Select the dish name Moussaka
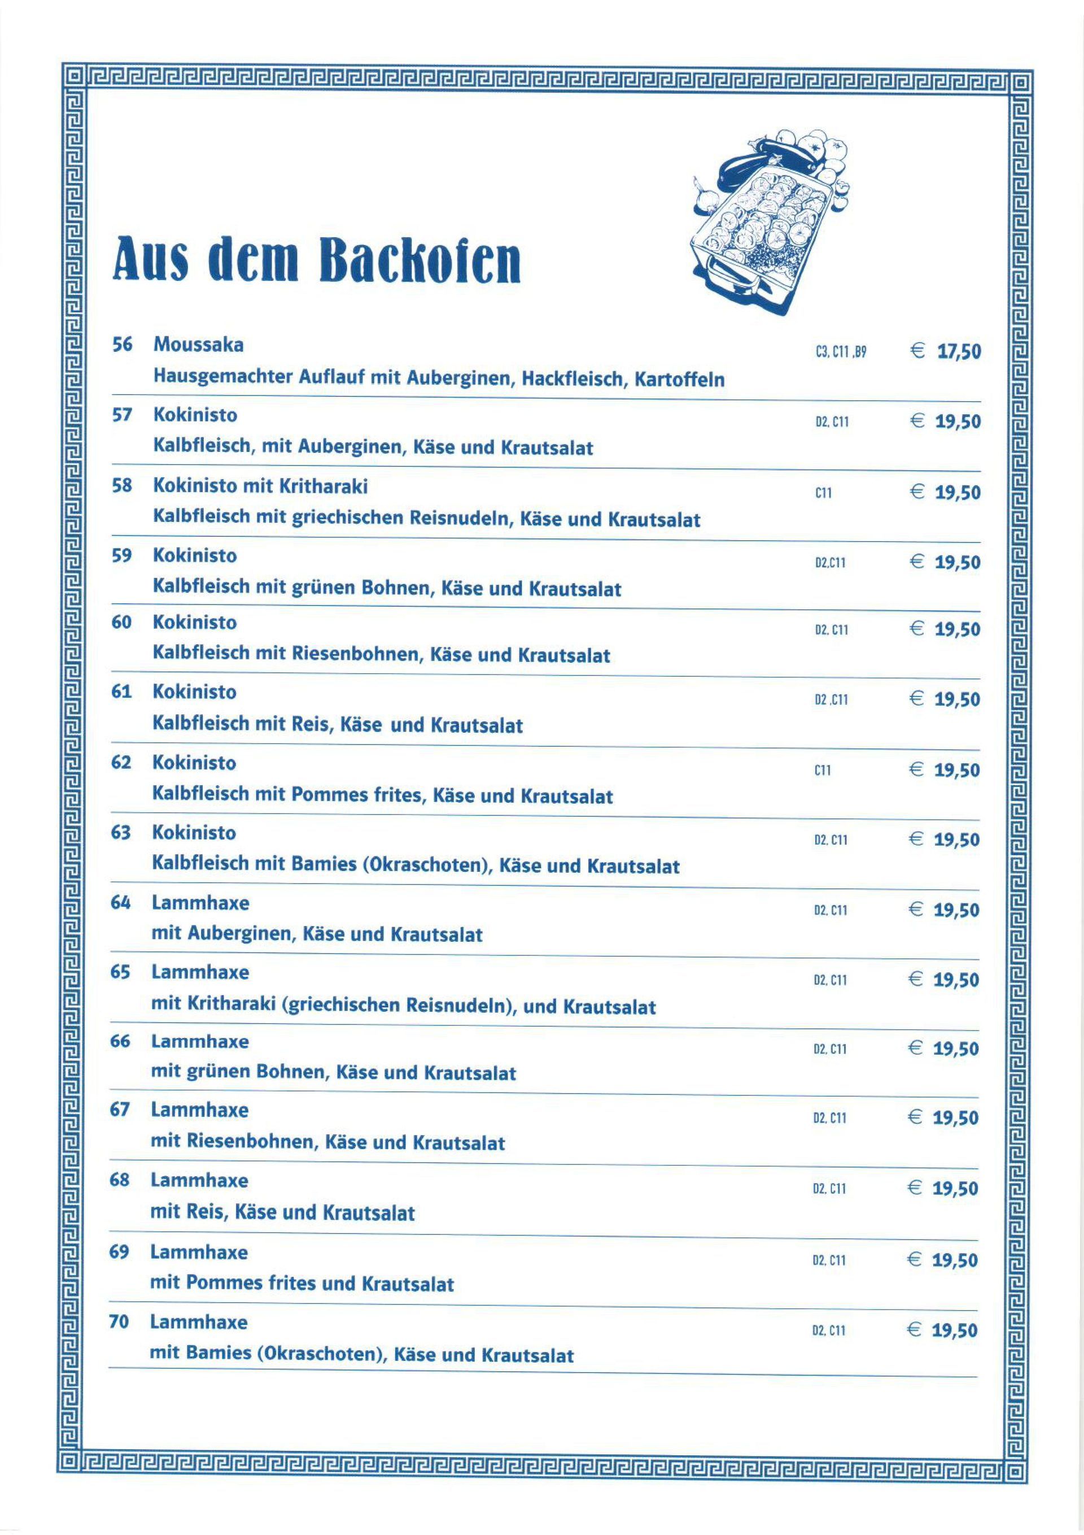coord(199,345)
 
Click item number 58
coord(121,486)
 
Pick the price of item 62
coord(956,770)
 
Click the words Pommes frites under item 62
coord(357,795)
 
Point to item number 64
coord(120,903)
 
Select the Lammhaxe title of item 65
coord(200,972)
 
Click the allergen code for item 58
coord(823,493)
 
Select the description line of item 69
coord(301,1284)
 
